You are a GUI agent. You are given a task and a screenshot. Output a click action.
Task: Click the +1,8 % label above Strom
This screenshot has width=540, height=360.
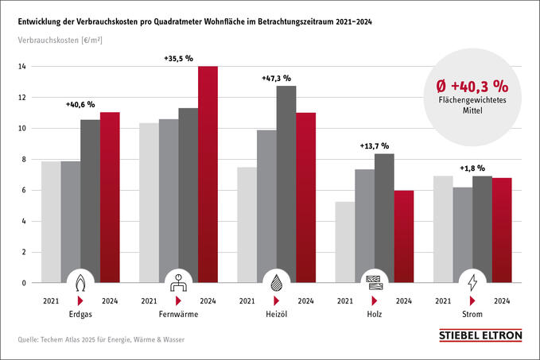point(474,168)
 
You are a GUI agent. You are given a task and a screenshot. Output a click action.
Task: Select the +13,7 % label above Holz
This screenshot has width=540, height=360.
point(375,146)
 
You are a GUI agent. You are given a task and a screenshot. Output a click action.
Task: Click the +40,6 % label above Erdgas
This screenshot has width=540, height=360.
point(80,104)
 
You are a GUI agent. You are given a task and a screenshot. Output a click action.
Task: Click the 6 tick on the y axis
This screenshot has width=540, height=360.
point(24,191)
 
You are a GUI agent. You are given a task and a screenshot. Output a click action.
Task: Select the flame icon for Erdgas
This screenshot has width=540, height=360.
point(80,281)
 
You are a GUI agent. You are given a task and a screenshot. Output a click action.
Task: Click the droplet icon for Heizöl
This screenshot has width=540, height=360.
point(276,281)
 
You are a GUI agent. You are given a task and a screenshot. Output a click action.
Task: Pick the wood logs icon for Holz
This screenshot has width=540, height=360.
point(375,281)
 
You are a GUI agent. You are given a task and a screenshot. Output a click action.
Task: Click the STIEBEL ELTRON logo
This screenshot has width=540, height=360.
point(480,336)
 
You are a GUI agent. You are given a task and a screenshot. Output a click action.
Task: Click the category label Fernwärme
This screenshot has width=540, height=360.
point(178,315)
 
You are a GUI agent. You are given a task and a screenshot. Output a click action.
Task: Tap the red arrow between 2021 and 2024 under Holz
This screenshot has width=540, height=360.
point(375,301)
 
